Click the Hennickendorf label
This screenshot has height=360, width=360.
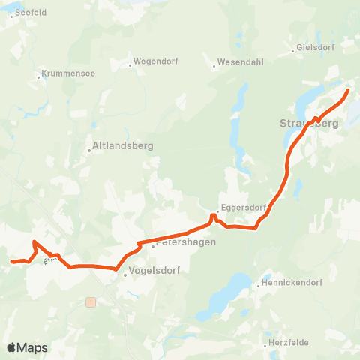click(x=289, y=284)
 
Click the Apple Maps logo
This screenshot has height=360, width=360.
click(x=27, y=347)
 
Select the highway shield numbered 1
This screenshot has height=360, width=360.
click(x=91, y=301)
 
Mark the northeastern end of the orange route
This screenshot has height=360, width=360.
click(x=348, y=91)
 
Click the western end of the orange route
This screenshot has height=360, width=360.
click(x=11, y=262)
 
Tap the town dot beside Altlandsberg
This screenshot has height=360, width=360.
click(x=89, y=150)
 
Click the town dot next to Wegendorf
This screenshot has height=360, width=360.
click(x=130, y=65)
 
